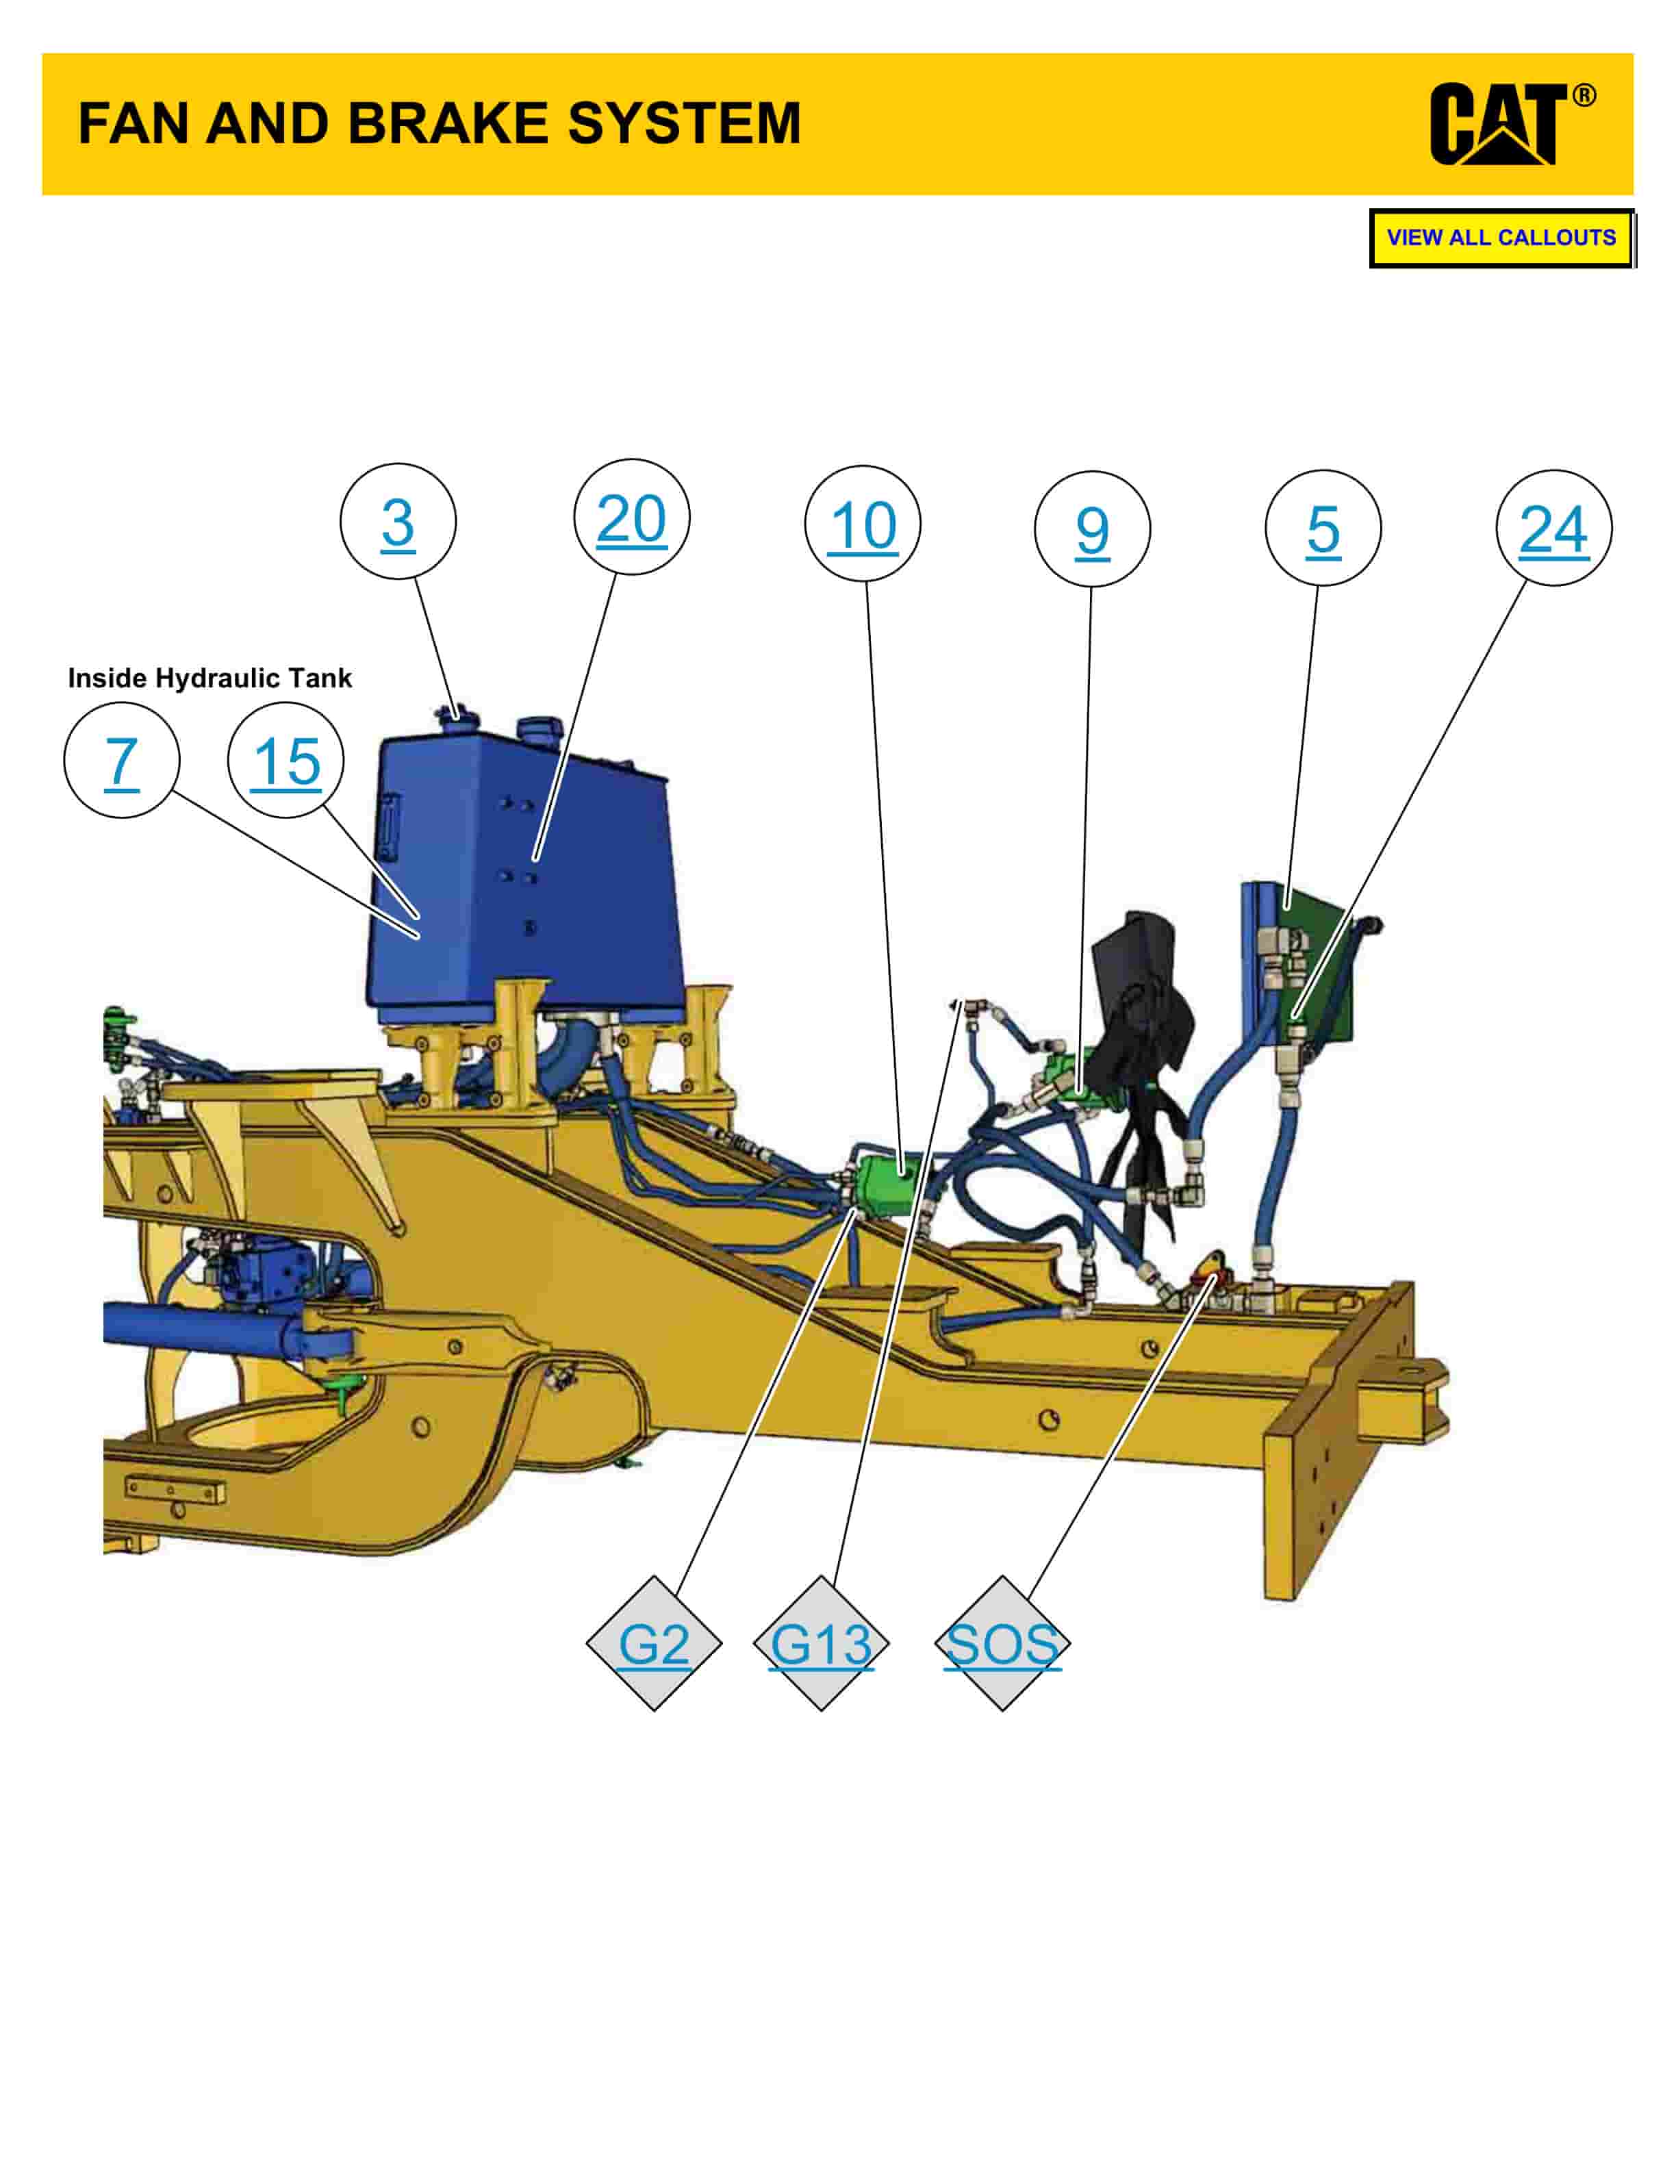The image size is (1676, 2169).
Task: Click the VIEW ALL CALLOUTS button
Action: click(1501, 238)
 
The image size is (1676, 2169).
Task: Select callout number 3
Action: click(398, 522)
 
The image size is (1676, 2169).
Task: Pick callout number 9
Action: click(1092, 529)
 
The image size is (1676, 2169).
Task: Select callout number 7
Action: click(121, 761)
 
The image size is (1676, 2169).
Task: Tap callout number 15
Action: click(286, 761)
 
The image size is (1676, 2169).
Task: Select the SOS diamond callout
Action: click(1003, 1644)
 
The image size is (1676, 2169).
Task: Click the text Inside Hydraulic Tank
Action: click(209, 678)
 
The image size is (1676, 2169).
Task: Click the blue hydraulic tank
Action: click(526, 874)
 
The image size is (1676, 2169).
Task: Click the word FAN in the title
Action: click(133, 123)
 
